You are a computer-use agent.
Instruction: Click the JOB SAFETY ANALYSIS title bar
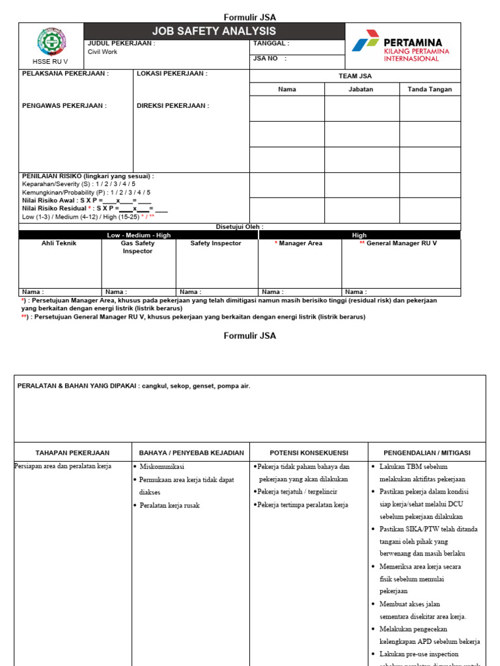[x=214, y=31]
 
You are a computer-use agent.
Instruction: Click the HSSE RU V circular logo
[x=52, y=42]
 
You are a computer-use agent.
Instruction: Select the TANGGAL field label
[x=270, y=44]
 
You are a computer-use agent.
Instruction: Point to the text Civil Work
[x=103, y=52]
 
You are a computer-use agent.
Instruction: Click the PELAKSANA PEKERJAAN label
[x=66, y=73]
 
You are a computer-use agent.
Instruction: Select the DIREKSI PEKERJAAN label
[x=173, y=105]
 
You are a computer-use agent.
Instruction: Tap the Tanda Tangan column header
[x=430, y=89]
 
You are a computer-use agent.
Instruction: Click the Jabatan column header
[x=361, y=89]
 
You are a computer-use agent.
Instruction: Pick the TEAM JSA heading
[x=355, y=76]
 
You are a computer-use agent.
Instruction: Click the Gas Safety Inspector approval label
[x=138, y=247]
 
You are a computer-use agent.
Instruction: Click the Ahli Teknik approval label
[x=59, y=243]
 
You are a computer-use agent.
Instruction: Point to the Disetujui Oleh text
[x=240, y=227]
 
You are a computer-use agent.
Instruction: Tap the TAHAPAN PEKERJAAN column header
[x=72, y=453]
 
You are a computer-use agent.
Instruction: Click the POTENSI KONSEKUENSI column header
[x=309, y=453]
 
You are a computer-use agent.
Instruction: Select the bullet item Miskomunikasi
[x=161, y=467]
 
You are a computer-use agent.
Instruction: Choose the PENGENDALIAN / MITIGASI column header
[x=426, y=453]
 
